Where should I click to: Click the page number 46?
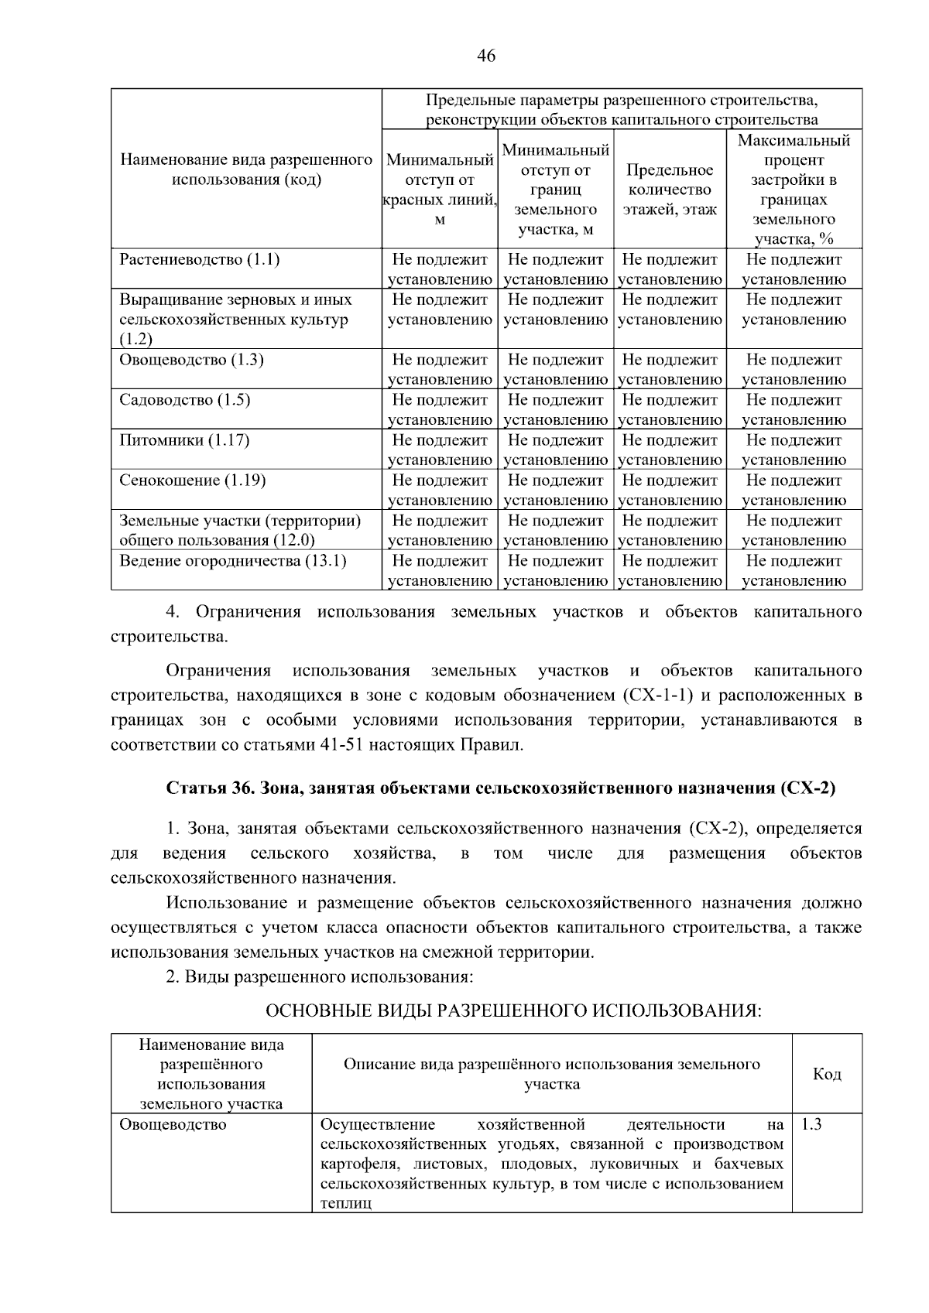tap(486, 56)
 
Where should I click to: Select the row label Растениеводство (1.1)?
tap(199, 259)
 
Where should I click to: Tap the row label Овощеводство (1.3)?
tap(191, 360)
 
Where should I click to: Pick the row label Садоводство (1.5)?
tap(184, 400)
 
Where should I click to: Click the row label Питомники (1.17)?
tap(183, 440)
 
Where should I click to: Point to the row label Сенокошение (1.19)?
tap(192, 480)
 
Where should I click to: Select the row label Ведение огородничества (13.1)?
tap(232, 561)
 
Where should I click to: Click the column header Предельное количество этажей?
tap(670, 190)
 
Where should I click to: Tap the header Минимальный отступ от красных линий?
tap(440, 190)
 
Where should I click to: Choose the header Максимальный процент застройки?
tap(794, 190)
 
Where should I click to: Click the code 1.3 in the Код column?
tap(811, 1124)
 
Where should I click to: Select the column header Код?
tap(827, 1074)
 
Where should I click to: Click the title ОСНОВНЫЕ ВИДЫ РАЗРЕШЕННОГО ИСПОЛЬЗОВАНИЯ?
tap(513, 1012)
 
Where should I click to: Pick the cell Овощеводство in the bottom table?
tap(173, 1124)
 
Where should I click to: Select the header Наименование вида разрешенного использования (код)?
tap(246, 169)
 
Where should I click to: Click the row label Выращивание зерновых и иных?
tap(235, 299)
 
